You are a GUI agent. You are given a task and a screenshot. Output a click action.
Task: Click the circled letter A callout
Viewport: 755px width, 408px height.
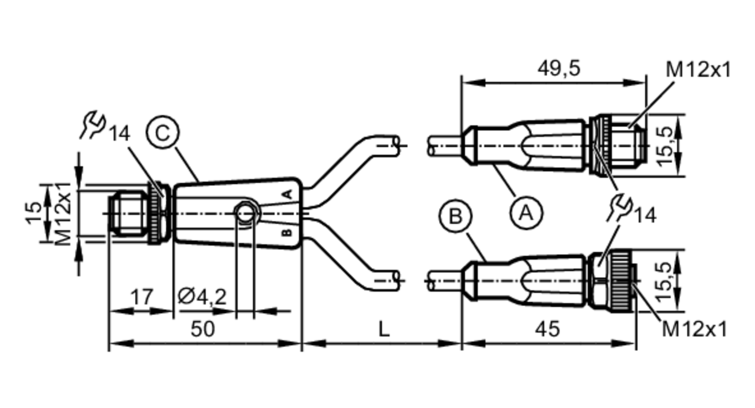[526, 213]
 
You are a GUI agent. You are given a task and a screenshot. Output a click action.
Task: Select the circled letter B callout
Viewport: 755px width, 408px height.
[456, 216]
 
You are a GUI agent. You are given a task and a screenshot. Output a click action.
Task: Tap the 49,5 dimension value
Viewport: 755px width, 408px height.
[559, 69]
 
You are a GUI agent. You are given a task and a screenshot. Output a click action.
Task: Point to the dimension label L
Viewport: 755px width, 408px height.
[384, 329]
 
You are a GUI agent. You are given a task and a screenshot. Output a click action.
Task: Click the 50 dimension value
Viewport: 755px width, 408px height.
[203, 329]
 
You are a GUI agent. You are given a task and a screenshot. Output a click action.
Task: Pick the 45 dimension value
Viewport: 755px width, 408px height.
[548, 329]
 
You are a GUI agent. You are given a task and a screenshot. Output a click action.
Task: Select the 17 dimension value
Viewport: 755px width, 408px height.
[142, 297]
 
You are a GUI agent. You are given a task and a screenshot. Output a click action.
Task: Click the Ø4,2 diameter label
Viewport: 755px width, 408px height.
[202, 297]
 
